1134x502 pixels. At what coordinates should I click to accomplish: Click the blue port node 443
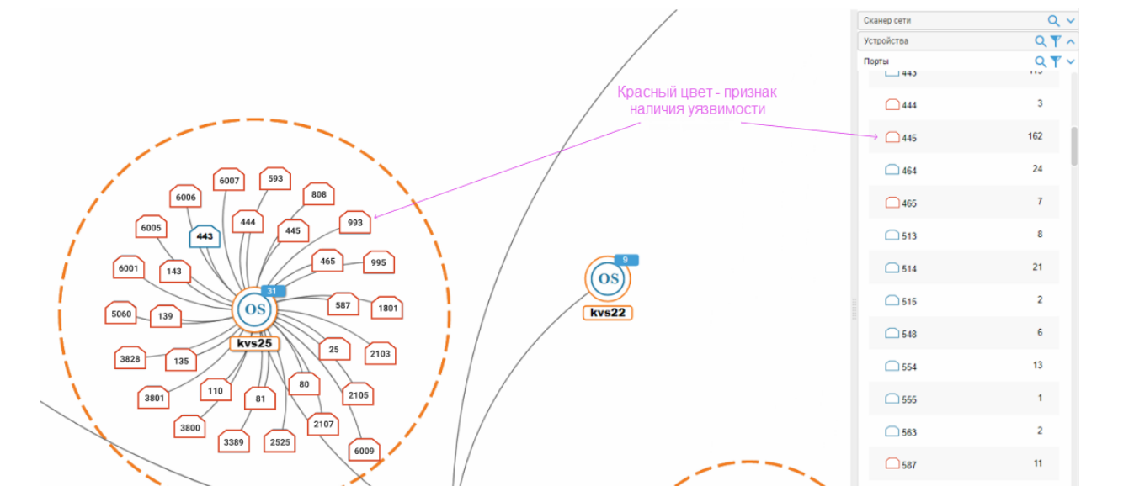click(x=205, y=236)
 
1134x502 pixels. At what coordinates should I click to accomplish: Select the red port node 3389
click(x=234, y=441)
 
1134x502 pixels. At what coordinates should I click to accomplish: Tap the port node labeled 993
click(x=354, y=223)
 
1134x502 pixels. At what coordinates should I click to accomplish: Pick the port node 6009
click(x=364, y=451)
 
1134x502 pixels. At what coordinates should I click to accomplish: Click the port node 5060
click(x=121, y=314)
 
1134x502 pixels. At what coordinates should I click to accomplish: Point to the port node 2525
click(x=280, y=441)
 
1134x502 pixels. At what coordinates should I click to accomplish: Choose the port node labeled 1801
click(x=387, y=308)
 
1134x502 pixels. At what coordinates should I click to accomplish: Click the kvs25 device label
click(x=254, y=343)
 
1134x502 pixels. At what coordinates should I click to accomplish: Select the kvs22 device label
click(x=607, y=313)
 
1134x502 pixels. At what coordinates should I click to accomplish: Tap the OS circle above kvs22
click(x=608, y=279)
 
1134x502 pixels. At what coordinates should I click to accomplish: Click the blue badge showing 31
click(x=271, y=291)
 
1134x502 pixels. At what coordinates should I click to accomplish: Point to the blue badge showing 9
click(x=626, y=260)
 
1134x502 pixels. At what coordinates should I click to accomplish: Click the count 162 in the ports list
click(x=1035, y=136)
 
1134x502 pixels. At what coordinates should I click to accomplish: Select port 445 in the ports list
click(x=908, y=138)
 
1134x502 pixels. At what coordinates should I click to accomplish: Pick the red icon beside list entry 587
click(x=892, y=463)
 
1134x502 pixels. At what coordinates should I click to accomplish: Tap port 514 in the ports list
click(x=908, y=269)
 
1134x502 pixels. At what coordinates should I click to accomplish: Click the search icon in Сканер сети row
click(x=1053, y=20)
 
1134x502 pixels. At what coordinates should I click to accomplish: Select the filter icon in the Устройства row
click(x=1056, y=41)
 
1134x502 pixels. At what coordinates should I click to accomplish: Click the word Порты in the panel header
click(x=876, y=61)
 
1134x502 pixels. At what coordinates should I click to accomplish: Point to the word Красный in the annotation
click(x=641, y=92)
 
